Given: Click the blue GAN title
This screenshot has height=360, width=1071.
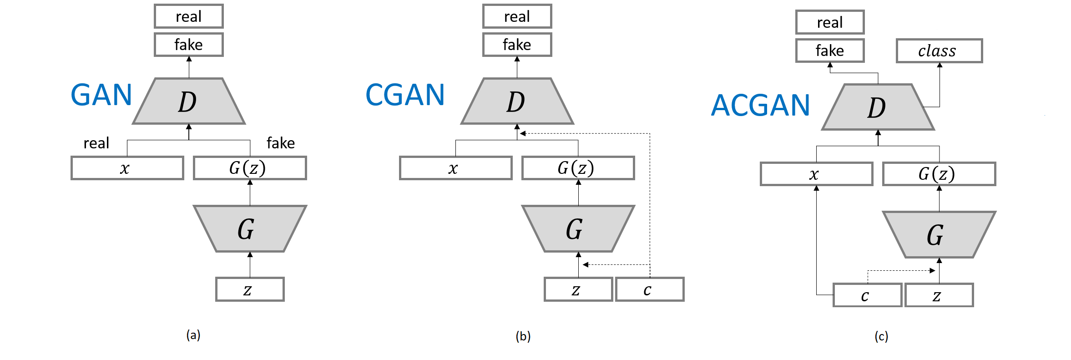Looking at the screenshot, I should [x=101, y=95].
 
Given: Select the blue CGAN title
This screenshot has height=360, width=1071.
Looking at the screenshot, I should [x=405, y=95].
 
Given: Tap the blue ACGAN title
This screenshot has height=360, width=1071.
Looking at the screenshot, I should [x=760, y=106].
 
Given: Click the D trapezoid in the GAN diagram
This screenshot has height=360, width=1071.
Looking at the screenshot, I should [x=189, y=101].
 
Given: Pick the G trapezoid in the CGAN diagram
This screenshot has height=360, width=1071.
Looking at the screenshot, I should [x=578, y=228].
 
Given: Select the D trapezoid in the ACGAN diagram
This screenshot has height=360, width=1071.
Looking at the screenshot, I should [x=878, y=107].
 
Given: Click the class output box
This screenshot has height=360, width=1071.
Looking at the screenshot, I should [x=939, y=51].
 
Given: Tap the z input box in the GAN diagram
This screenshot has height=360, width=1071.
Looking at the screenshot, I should [x=250, y=289].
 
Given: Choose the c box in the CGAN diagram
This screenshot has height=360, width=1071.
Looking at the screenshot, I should [x=649, y=289].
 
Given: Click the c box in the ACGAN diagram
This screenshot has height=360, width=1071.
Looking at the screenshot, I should [x=867, y=295].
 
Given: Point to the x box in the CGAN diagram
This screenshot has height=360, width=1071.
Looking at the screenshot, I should [x=455, y=168].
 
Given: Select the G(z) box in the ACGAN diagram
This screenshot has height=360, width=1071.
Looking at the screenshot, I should [x=939, y=174].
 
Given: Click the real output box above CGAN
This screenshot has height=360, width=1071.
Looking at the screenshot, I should [x=517, y=16].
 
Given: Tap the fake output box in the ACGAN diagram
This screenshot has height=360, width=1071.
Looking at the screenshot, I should [x=829, y=51].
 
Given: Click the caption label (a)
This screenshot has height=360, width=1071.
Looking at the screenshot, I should [x=193, y=335].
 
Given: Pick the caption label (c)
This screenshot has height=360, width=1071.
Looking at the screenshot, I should [x=881, y=336].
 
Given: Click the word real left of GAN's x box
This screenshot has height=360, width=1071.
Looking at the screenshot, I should [x=96, y=143].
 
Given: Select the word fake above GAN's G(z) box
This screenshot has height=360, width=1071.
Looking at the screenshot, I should [x=280, y=143].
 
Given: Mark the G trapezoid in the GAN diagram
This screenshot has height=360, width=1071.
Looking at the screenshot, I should [x=250, y=228].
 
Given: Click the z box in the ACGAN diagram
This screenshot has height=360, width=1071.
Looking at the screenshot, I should [x=939, y=295].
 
